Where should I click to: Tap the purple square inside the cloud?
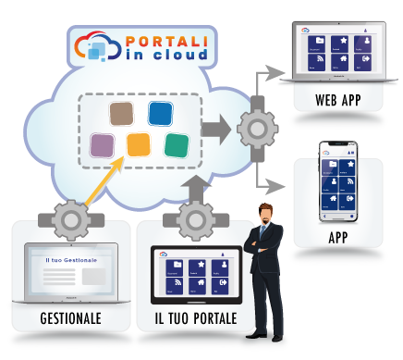[x=104, y=144]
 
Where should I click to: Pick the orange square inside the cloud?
[x=139, y=145]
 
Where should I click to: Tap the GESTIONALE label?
[x=70, y=320]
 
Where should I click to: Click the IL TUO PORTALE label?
[x=196, y=320]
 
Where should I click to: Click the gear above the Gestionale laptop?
[x=70, y=221]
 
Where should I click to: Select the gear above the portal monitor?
[x=197, y=221]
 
